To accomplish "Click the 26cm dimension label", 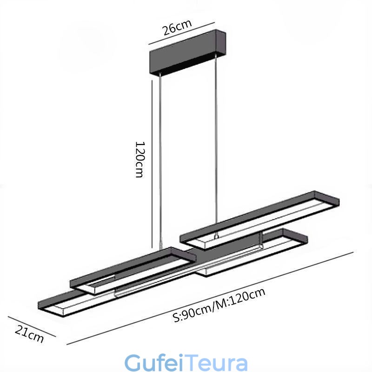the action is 177,27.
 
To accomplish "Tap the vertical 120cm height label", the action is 140,159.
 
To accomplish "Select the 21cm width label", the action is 29,333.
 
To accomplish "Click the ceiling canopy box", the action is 187,53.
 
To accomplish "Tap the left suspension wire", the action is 160,161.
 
